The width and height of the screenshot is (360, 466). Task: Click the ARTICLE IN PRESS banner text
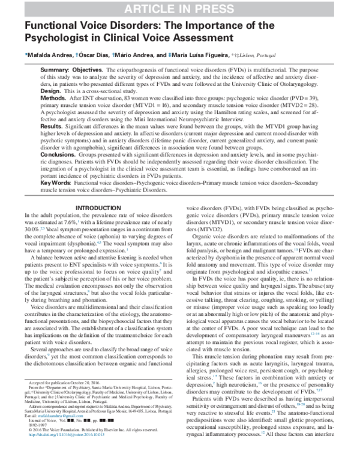pos(179,8)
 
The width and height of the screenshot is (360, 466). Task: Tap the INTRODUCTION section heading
pos(97,208)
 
